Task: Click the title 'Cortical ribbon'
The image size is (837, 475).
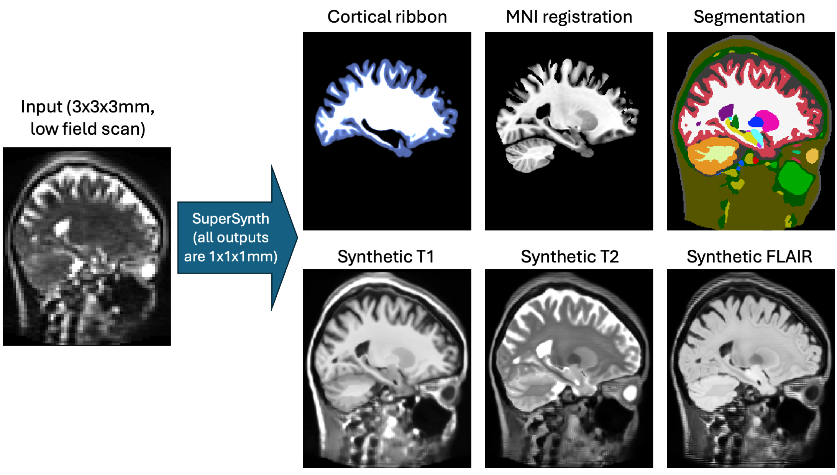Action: (387, 17)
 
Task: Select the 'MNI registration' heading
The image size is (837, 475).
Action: (569, 17)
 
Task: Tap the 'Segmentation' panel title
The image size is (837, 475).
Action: (749, 17)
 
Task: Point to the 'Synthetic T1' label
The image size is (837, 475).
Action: (386, 257)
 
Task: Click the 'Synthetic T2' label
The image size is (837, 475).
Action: (569, 257)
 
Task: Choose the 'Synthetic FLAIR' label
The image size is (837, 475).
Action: (749, 257)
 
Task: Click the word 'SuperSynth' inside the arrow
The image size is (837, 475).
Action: (230, 219)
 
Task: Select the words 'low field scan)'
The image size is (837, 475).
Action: (88, 129)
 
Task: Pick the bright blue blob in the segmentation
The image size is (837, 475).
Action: (756, 122)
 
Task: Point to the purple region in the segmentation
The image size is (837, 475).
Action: (726, 112)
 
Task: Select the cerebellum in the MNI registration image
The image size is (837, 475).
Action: (529, 155)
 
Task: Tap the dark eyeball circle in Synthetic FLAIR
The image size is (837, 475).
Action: (812, 392)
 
